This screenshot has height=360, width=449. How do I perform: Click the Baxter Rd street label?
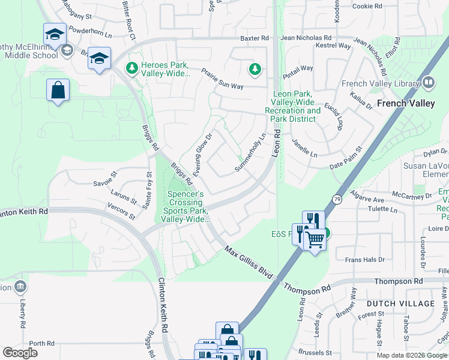255,38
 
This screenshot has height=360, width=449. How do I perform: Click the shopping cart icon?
315,240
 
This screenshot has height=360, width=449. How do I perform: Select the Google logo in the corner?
20,353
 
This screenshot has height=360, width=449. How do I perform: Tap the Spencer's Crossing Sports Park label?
185,207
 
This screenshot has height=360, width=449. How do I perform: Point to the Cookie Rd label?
367,7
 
